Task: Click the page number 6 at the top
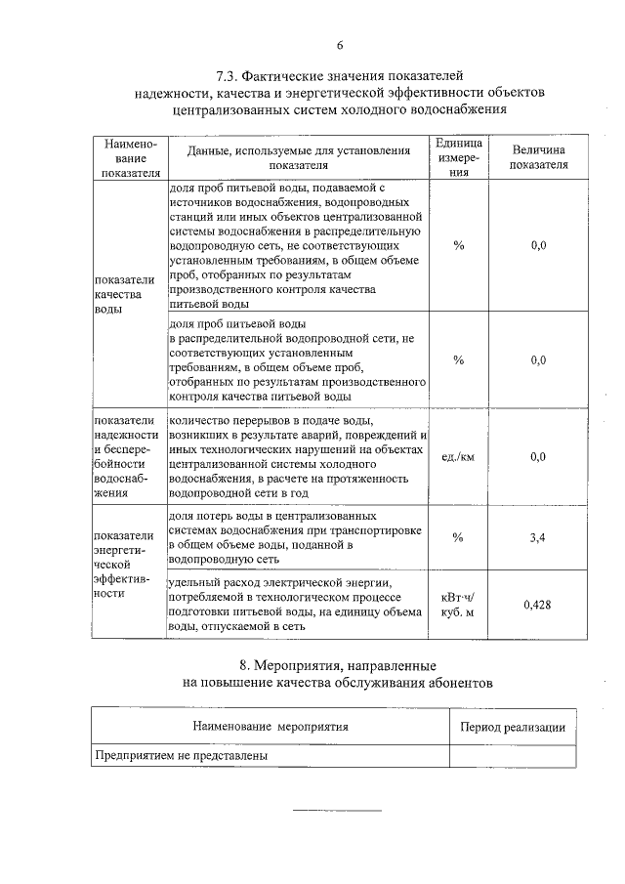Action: point(340,45)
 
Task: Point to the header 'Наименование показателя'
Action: point(129,157)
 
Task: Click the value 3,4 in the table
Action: point(537,537)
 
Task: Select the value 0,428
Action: point(537,605)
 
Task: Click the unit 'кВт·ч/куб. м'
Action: point(459,605)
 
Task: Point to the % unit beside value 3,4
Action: point(459,537)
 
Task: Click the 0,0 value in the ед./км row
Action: point(537,456)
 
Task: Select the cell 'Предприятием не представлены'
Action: point(181,755)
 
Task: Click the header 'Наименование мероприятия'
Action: point(271,727)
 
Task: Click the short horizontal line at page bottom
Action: point(339,810)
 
